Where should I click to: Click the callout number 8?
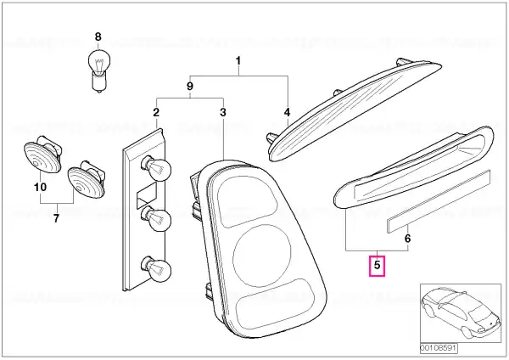tap(98, 37)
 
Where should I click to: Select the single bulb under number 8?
tap(99, 70)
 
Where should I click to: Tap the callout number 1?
tap(238, 61)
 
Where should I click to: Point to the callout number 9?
tap(190, 86)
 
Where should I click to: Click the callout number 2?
tap(156, 112)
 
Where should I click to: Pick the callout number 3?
tap(222, 112)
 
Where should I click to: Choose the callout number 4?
tap(287, 112)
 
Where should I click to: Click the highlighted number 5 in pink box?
tap(377, 266)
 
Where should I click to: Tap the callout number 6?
tap(408, 239)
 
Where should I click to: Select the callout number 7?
tap(57, 218)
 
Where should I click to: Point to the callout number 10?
tap(40, 187)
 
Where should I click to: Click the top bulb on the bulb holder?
tap(156, 168)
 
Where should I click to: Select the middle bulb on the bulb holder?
tap(156, 219)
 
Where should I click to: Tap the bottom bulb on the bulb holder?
tap(156, 269)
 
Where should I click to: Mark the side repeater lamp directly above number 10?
tap(43, 154)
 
